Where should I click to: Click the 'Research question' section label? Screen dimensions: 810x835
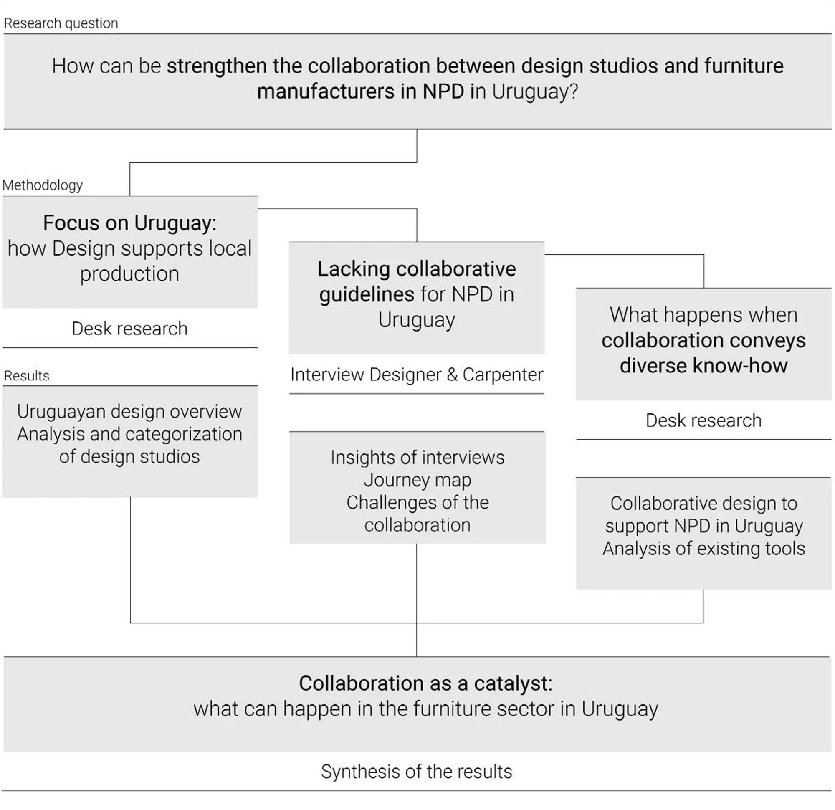(61, 23)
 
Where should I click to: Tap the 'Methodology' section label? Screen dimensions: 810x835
(43, 185)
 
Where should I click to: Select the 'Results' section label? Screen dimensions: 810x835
(27, 376)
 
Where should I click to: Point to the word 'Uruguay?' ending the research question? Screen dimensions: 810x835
(535, 91)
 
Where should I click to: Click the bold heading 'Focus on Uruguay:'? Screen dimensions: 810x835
(129, 223)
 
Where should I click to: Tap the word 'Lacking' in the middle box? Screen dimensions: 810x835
(354, 269)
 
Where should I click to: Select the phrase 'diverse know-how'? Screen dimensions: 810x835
(703, 366)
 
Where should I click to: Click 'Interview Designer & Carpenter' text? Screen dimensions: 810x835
(417, 375)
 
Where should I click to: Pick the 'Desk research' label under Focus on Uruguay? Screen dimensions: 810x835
(129, 329)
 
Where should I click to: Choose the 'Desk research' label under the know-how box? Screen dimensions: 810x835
(703, 420)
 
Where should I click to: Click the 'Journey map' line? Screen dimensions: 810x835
(417, 480)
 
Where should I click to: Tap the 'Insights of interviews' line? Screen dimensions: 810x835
(417, 458)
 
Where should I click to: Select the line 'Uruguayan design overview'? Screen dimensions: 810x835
(129, 412)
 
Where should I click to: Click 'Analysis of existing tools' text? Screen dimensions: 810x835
(703, 548)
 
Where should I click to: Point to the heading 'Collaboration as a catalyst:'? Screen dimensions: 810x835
(425, 683)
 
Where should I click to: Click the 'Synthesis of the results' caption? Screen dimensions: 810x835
(416, 772)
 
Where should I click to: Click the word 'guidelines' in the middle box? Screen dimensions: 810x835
(367, 294)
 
